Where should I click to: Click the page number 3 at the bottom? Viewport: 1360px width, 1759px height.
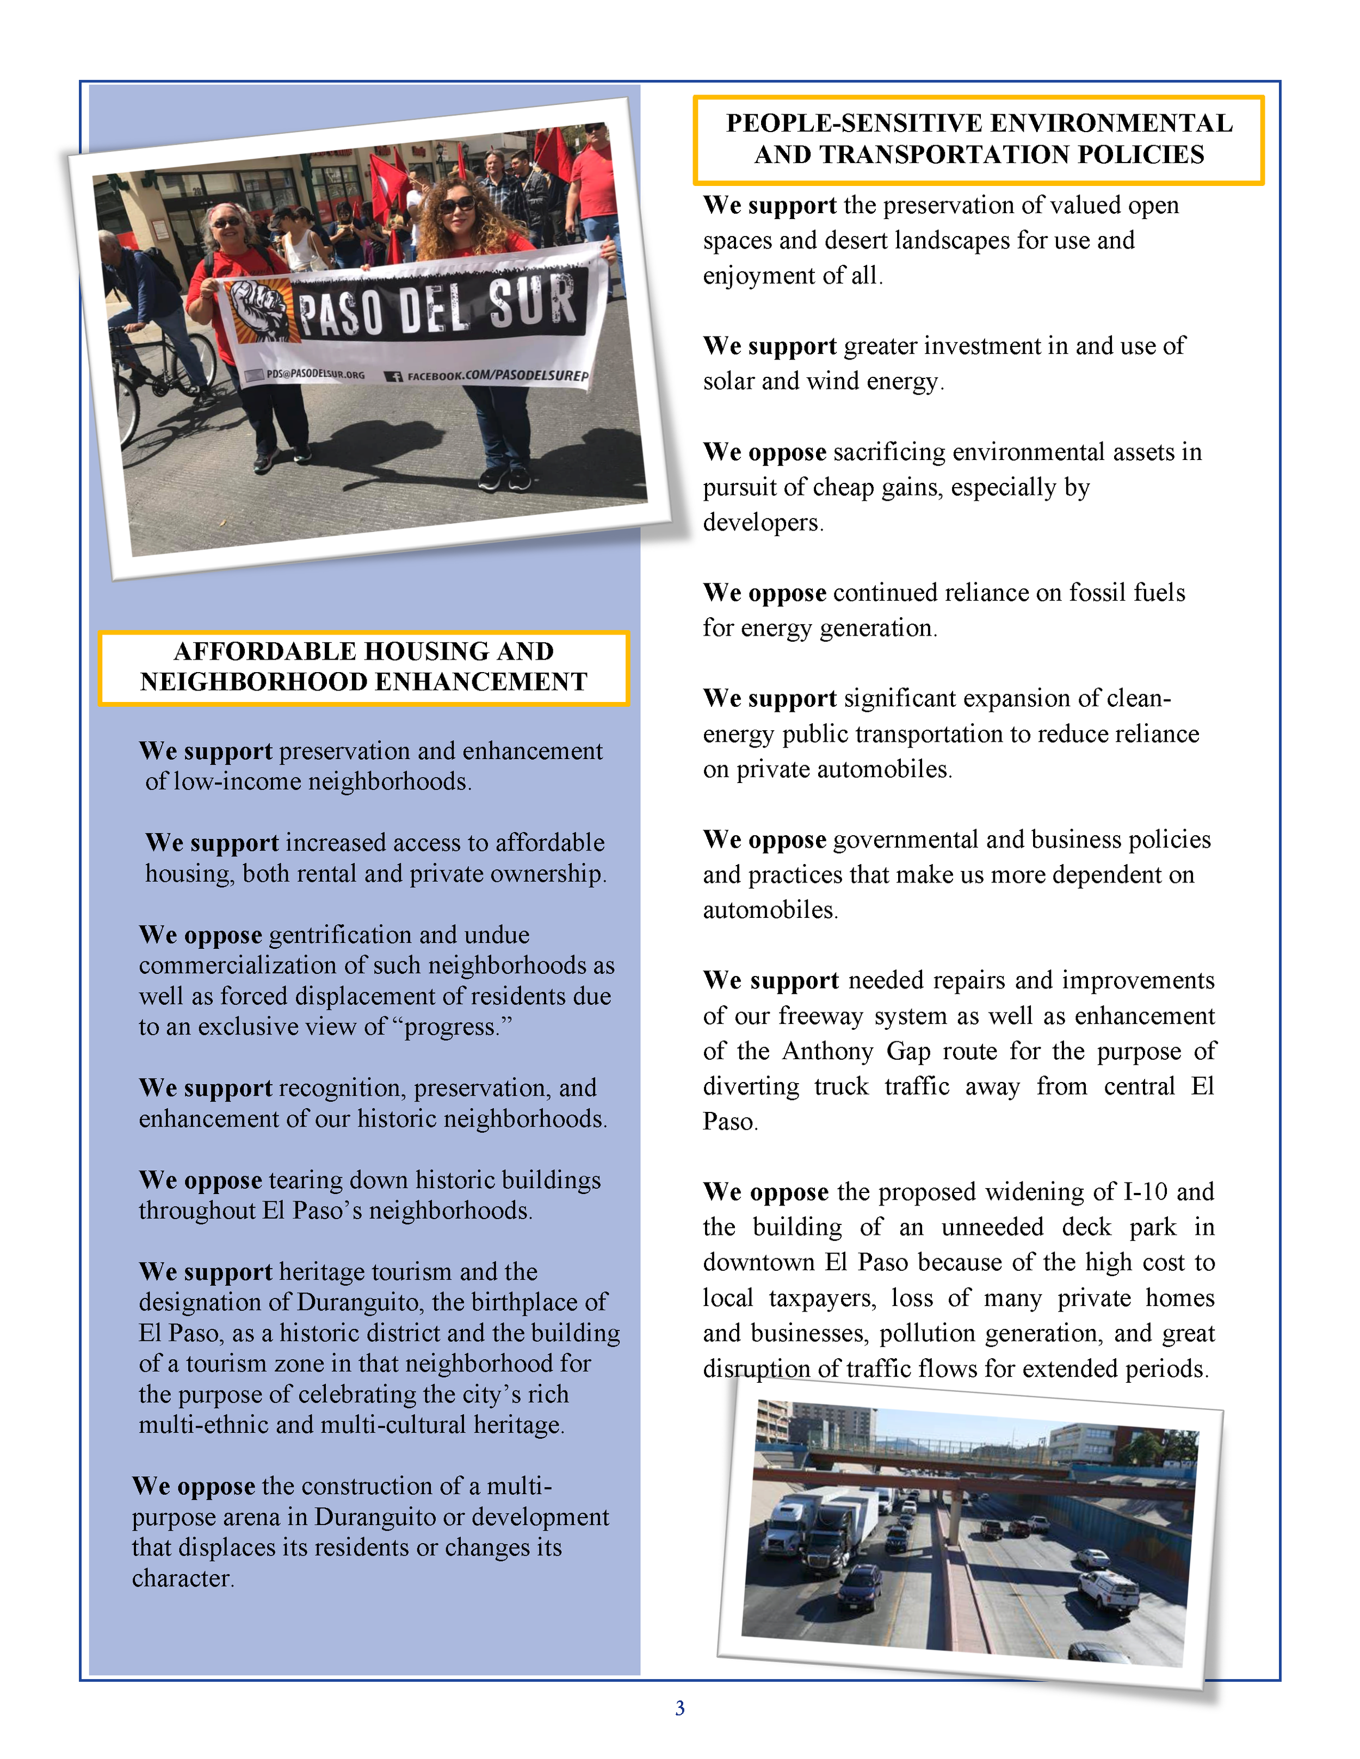(679, 1707)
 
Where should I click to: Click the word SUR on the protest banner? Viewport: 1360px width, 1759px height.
(531, 300)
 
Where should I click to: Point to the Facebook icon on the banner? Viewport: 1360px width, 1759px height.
(393, 376)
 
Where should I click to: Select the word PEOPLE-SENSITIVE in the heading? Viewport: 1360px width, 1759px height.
(854, 123)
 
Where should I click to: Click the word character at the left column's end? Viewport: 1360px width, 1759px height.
(182, 1578)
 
